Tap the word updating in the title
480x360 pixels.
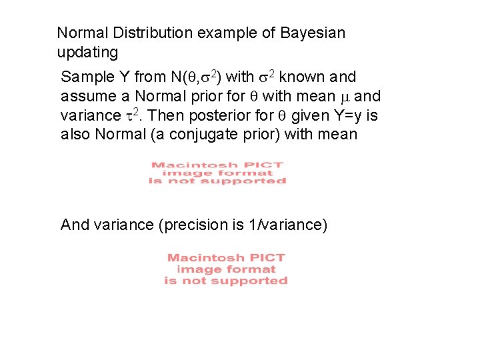pyautogui.click(x=87, y=52)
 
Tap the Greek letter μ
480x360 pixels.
pyautogui.click(x=344, y=96)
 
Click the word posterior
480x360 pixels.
pyautogui.click(x=219, y=115)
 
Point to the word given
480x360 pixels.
pyautogui.click(x=315, y=115)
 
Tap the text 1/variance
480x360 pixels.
pyautogui.click(x=287, y=225)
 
